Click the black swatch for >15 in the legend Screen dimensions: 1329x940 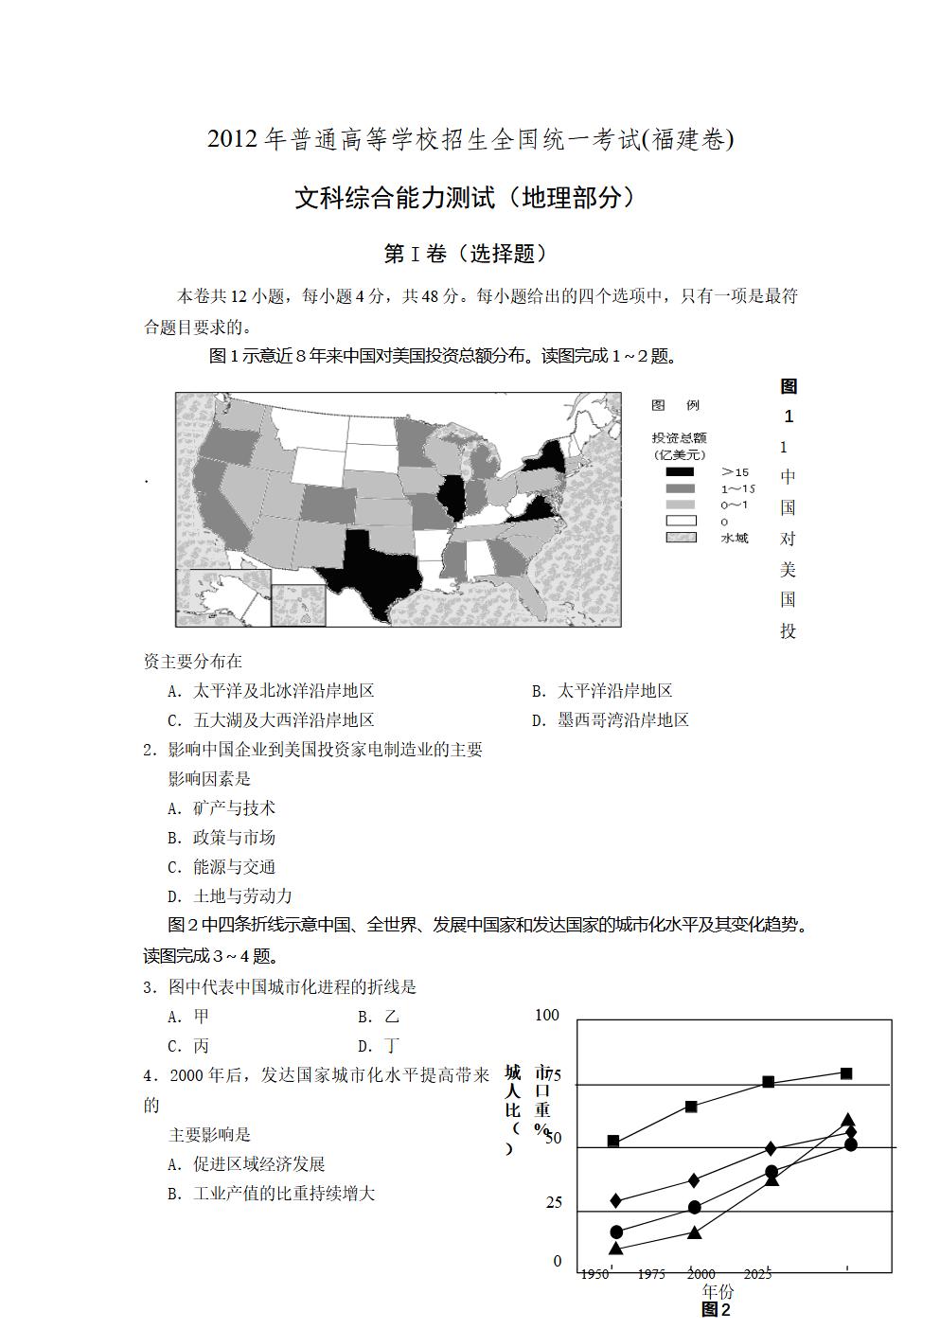coord(680,472)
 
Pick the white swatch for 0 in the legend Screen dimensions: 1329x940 coord(680,521)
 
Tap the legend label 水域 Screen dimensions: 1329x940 coord(734,538)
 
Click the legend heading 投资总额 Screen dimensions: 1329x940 coord(679,438)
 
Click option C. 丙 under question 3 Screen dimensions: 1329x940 coord(188,1046)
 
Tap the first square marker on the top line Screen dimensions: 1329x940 coord(613,1141)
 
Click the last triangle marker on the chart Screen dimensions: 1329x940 coord(848,1121)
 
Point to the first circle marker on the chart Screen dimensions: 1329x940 coord(617,1232)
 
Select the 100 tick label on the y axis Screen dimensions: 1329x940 coord(547,1015)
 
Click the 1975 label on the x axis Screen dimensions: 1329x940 coord(651,1274)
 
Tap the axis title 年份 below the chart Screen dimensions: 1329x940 coord(717,1291)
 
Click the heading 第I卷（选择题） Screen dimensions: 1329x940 coord(466,254)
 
